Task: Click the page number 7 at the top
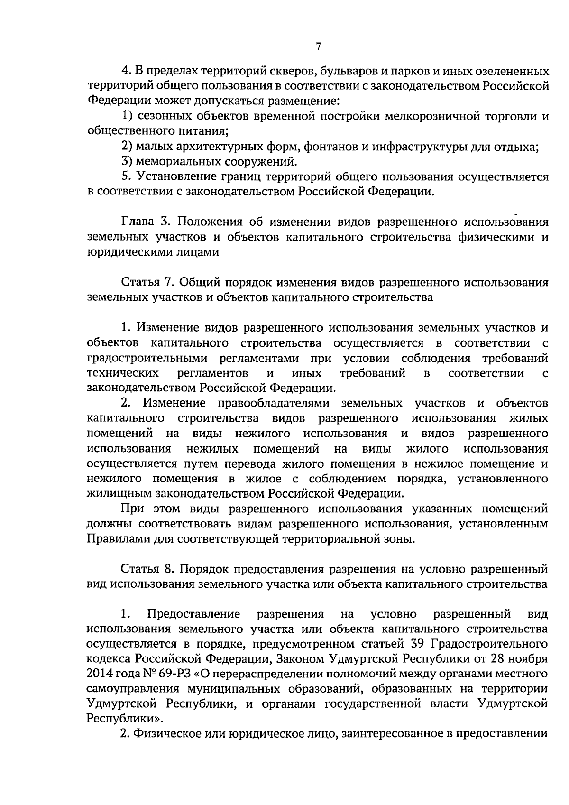318,46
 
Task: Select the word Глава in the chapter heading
138,222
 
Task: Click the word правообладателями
273,403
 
